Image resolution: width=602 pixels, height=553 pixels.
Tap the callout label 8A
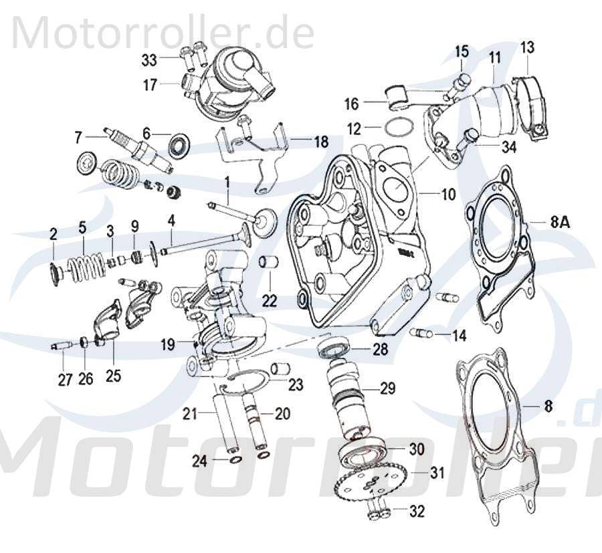tap(559, 224)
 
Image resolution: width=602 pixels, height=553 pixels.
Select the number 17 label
tap(149, 85)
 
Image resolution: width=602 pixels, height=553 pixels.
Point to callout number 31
tap(437, 473)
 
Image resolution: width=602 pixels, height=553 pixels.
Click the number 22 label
tap(269, 301)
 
